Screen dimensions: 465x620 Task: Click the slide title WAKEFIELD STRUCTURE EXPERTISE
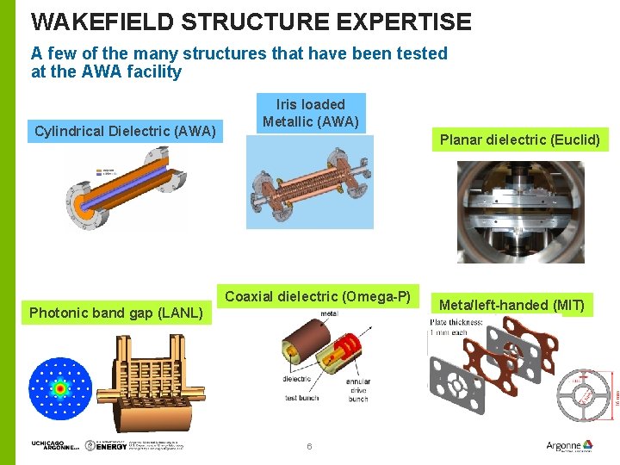[251, 22]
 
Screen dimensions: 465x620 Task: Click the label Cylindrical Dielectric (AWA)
[125, 131]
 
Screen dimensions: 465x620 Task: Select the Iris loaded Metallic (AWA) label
[310, 113]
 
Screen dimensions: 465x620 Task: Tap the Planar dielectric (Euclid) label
[519, 139]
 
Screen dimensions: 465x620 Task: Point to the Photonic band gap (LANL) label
[116, 312]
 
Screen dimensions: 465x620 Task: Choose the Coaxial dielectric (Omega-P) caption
[318, 296]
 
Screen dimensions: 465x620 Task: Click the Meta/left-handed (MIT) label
[512, 304]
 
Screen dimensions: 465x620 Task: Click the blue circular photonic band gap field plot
[59, 388]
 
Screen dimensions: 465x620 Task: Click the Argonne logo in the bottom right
[569, 445]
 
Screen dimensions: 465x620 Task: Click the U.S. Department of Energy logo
[110, 445]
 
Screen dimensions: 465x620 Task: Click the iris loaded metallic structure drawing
[310, 183]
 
